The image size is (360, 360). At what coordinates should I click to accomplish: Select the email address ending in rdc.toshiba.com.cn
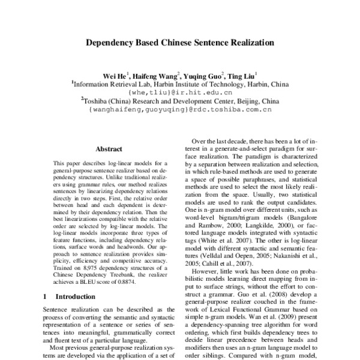point(181,110)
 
